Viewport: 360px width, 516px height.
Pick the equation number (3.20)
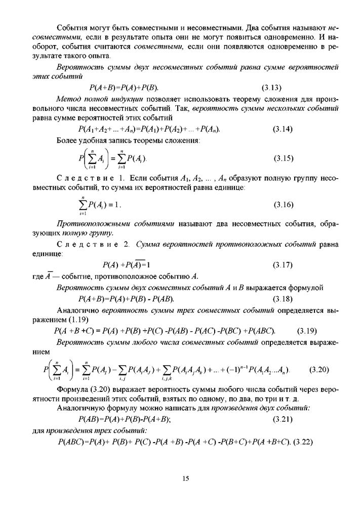(319, 369)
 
